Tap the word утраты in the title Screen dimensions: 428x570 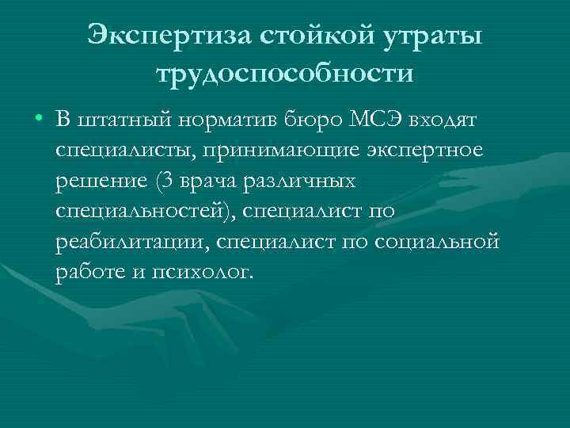click(431, 34)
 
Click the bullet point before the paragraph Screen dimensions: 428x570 click(38, 121)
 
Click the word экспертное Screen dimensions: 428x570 click(430, 151)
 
